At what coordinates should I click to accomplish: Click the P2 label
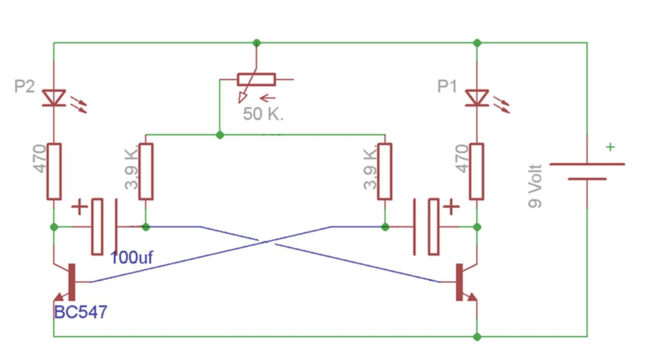tap(24, 86)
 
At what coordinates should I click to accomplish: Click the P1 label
tap(447, 86)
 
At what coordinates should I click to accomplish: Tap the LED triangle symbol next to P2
tap(54, 98)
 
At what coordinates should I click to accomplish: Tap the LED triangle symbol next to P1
tap(477, 98)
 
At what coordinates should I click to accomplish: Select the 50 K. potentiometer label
tap(263, 114)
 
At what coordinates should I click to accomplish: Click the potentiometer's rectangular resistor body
tap(256, 79)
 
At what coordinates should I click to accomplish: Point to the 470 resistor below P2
tap(54, 171)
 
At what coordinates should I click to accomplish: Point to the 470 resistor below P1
tap(477, 171)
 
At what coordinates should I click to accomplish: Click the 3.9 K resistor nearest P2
tap(146, 171)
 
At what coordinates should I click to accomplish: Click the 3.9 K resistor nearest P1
tap(385, 171)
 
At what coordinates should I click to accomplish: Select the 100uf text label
tap(131, 257)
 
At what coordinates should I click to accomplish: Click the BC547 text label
tap(81, 312)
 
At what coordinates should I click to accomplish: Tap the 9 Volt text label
tap(535, 186)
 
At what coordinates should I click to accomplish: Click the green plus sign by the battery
tap(610, 147)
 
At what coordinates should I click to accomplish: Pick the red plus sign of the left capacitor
tap(80, 207)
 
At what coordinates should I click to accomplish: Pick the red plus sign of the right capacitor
tap(451, 207)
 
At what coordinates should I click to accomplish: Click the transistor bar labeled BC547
tap(71, 282)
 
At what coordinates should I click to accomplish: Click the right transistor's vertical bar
tap(459, 282)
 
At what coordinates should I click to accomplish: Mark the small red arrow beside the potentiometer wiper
tap(268, 98)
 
